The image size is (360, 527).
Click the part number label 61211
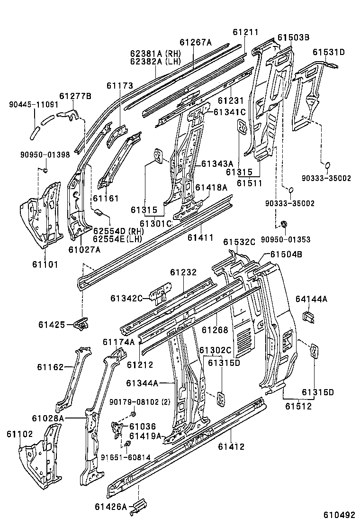pos(246,32)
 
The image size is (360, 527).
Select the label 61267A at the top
pos(195,42)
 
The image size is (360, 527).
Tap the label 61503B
pos(293,37)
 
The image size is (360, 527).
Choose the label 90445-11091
pos(33,105)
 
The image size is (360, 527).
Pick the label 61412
pos(231,446)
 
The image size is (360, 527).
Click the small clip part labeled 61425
pos(81,324)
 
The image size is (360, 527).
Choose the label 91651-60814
pos(126,457)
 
